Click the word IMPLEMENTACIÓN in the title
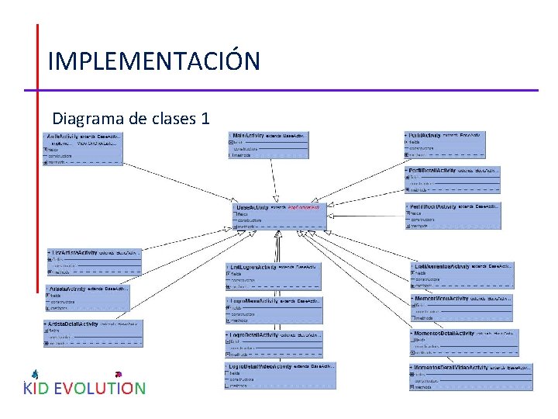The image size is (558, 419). pyautogui.click(x=153, y=61)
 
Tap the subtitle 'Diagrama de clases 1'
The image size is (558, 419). pyautogui.click(x=130, y=119)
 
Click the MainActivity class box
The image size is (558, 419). pyautogui.click(x=268, y=145)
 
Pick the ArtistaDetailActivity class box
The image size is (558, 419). pyautogui.click(x=94, y=332)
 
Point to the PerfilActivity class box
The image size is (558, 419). pyautogui.click(x=445, y=145)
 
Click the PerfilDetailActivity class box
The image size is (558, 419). pyautogui.click(x=453, y=178)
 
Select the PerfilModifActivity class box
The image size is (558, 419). pyautogui.click(x=453, y=216)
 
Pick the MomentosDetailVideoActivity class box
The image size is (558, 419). pyautogui.click(x=471, y=376)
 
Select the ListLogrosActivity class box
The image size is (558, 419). pyautogui.click(x=272, y=275)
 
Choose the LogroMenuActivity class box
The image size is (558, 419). pyautogui.click(x=274, y=309)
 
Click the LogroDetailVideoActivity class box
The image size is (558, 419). pyautogui.click(x=280, y=376)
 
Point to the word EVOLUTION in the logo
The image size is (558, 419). pyautogui.click(x=99, y=388)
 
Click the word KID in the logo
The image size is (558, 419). pyautogui.click(x=36, y=388)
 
